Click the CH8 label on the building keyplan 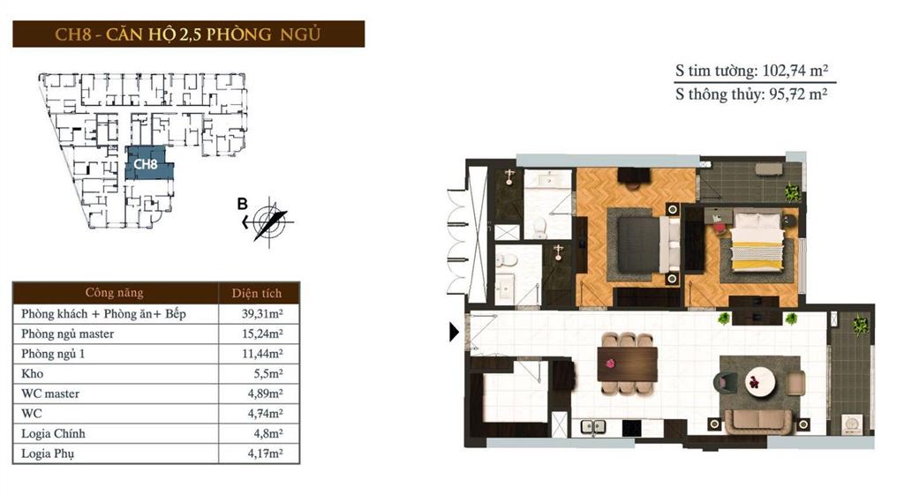point(147,164)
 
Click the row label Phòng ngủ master point(68,334)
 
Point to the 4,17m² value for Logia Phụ point(266,454)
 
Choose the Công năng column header point(114,293)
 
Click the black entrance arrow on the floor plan point(454,333)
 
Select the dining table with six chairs point(627,363)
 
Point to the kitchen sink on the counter point(593,426)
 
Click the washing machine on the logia point(854,426)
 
